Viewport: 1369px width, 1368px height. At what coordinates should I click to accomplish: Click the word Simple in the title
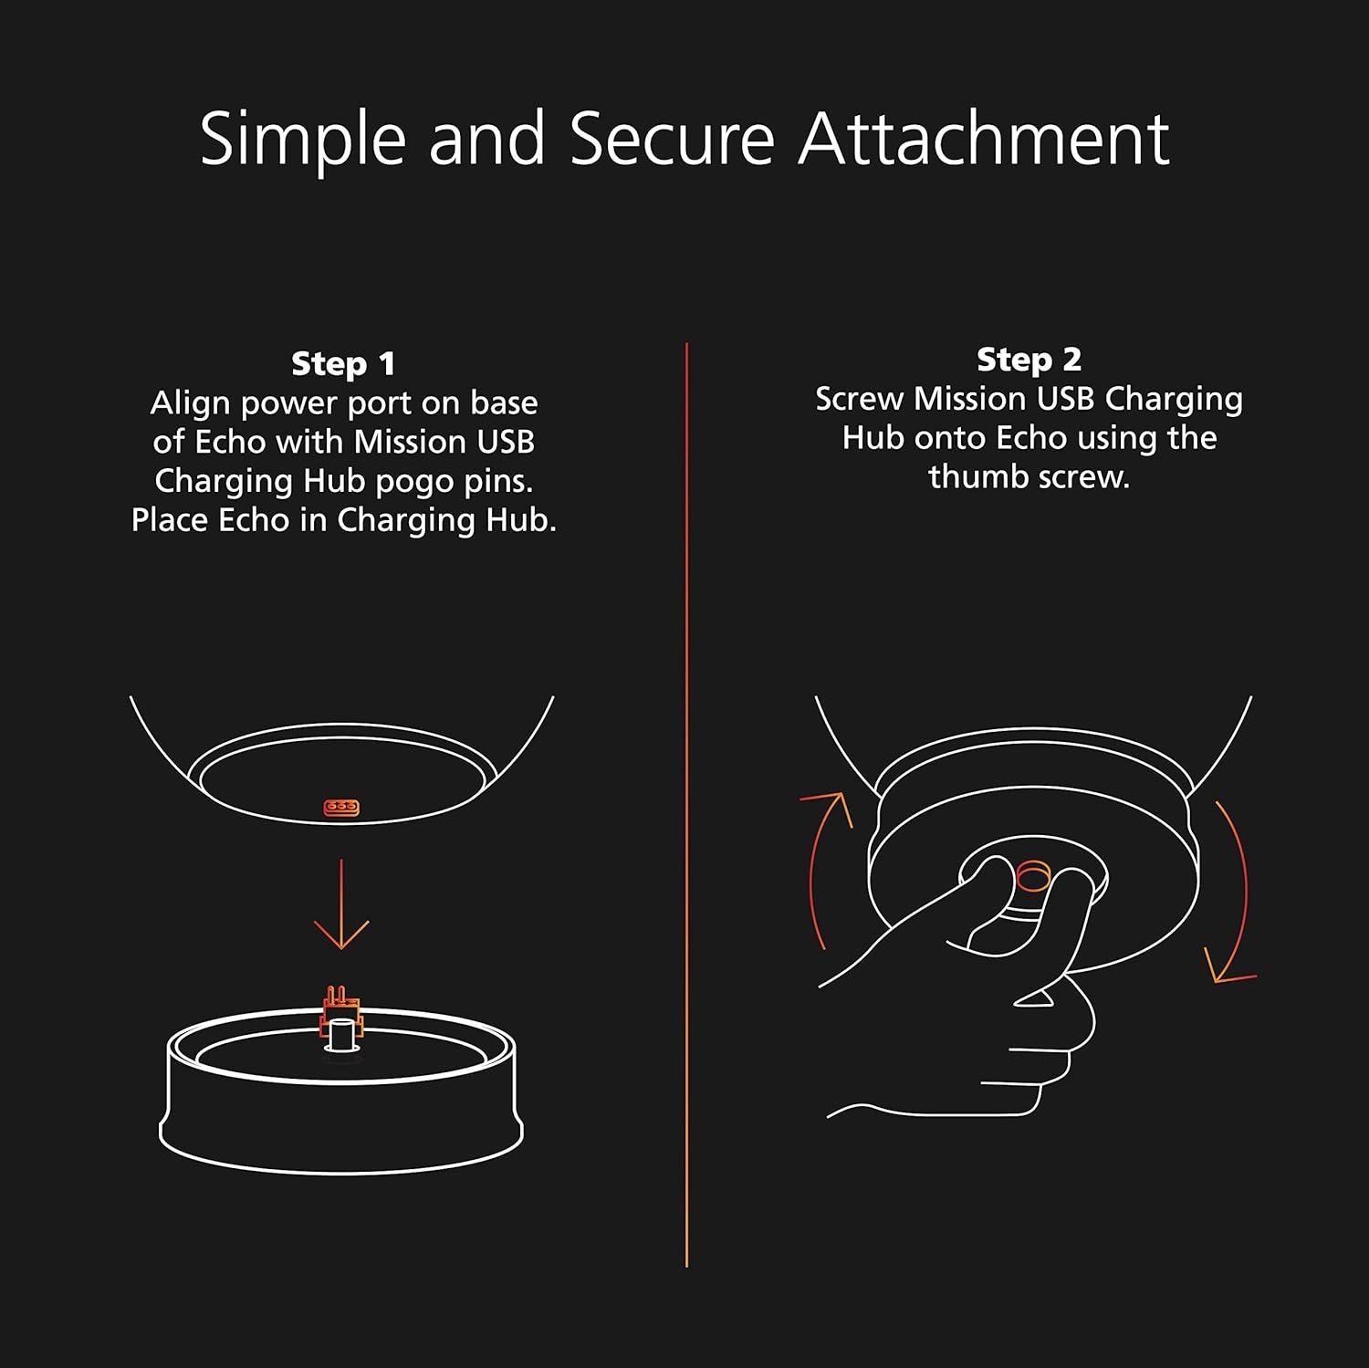302,140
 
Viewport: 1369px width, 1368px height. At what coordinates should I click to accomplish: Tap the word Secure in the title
673,140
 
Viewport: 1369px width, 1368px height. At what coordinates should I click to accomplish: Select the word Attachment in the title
984,140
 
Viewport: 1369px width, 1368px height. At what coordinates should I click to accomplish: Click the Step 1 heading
343,363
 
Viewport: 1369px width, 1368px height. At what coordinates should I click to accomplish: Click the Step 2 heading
1029,360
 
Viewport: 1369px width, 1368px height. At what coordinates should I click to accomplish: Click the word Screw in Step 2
858,399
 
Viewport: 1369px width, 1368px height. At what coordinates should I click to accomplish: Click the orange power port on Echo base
341,807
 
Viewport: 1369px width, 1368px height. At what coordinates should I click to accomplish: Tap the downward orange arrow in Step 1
341,903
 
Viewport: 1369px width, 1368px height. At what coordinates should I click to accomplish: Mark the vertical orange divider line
686,804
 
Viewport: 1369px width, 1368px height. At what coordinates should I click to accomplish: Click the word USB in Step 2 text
1066,399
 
